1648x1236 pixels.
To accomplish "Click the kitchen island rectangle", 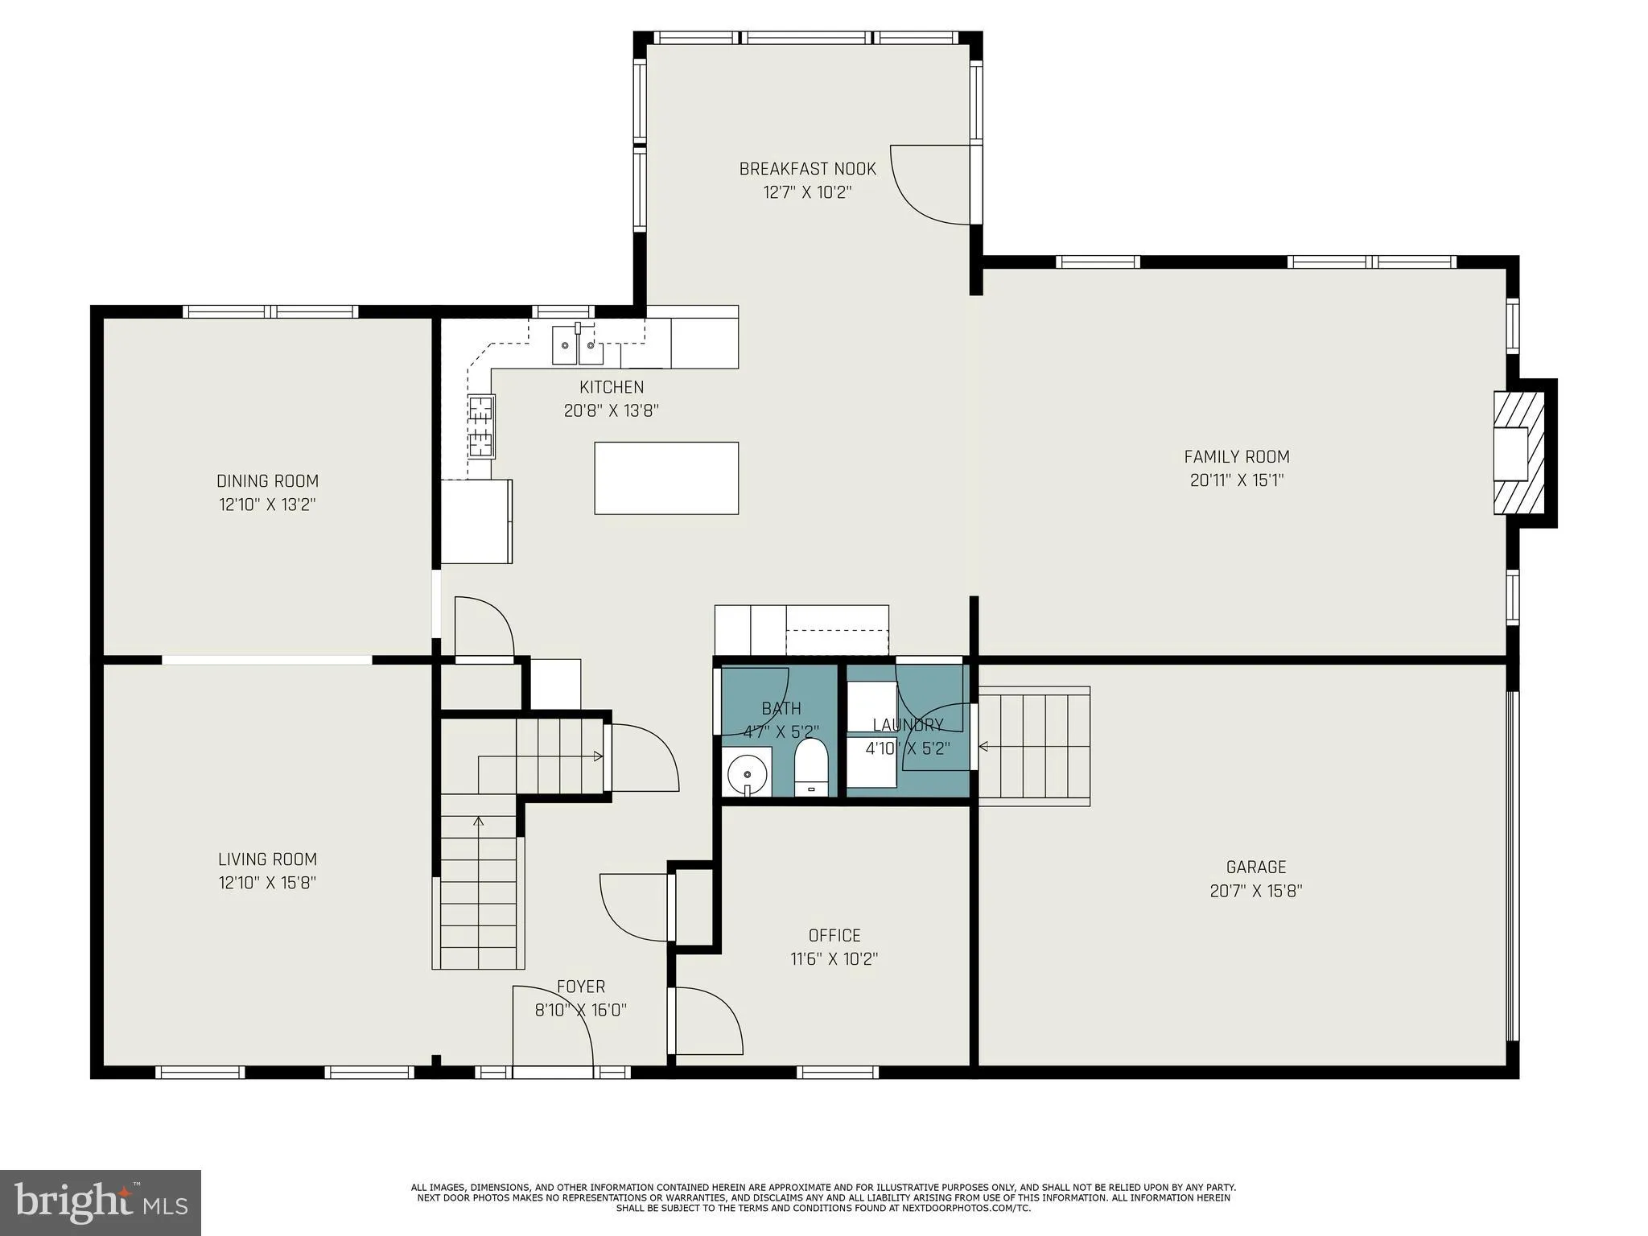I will pyautogui.click(x=666, y=478).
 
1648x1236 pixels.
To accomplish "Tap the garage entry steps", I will pyautogui.click(x=1034, y=746).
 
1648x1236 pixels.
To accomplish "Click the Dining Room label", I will pyautogui.click(x=267, y=481).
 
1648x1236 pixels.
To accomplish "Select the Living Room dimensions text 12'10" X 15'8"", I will pyautogui.click(x=267, y=883).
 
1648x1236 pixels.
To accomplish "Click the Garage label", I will pyautogui.click(x=1255, y=867).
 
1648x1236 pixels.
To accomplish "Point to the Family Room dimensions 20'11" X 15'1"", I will pyautogui.click(x=1237, y=481).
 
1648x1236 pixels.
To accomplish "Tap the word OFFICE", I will pyautogui.click(x=834, y=935).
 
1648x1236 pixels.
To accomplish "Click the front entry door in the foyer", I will pyautogui.click(x=554, y=1030).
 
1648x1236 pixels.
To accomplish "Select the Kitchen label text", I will pyautogui.click(x=612, y=387).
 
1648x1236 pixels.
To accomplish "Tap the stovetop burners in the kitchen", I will pyautogui.click(x=481, y=426).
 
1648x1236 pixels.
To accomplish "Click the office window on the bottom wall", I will pyautogui.click(x=837, y=1072).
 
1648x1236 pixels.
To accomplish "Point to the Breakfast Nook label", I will pyautogui.click(x=807, y=169).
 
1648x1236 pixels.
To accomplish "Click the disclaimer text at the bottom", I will pyautogui.click(x=823, y=1197).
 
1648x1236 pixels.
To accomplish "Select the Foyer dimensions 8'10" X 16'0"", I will pyautogui.click(x=581, y=1010).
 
